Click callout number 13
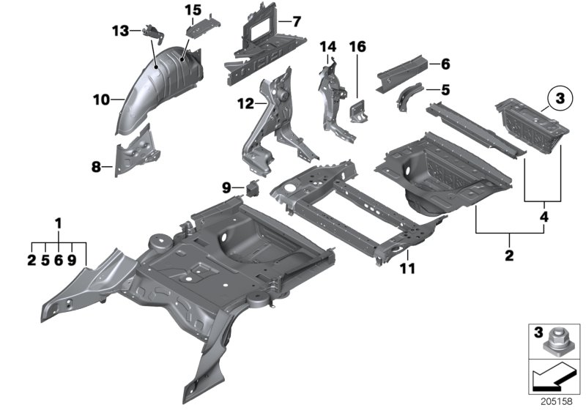(120, 30)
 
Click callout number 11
(407, 269)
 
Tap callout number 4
(543, 217)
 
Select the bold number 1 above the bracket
(59, 222)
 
